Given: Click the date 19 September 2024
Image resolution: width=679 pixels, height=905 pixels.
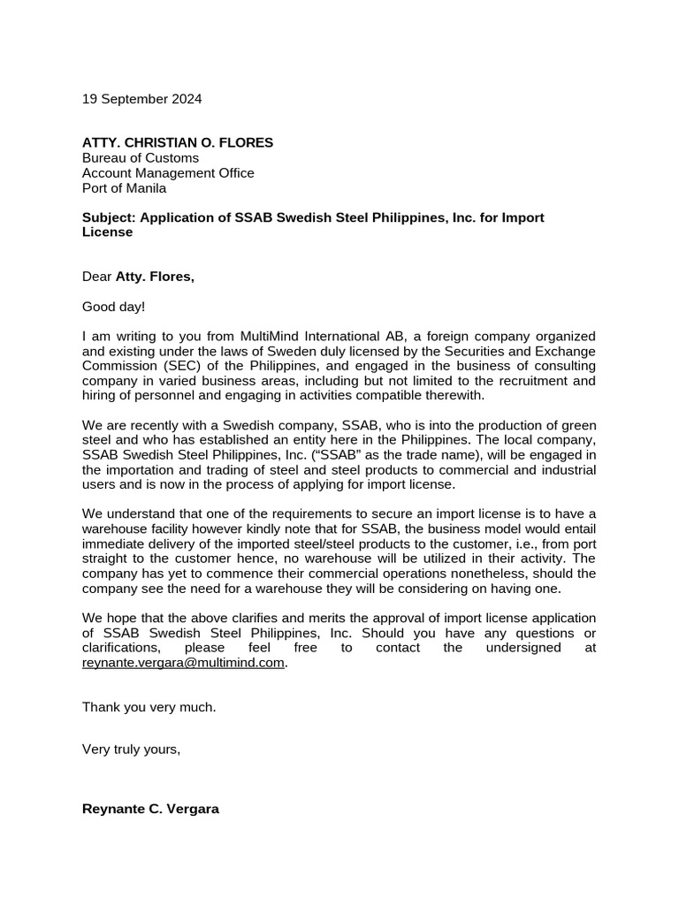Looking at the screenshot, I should tap(141, 99).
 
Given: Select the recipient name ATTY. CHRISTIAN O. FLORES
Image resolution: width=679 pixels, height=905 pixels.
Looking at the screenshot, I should tap(178, 142).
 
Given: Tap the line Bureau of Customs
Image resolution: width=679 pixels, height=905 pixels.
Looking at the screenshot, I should tap(141, 158).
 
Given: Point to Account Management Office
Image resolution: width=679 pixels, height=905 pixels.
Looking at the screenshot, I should tap(168, 173).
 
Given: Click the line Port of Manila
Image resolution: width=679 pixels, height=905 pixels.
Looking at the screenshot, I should tap(124, 188).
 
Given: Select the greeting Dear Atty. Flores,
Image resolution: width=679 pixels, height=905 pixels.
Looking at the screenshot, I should tap(138, 277).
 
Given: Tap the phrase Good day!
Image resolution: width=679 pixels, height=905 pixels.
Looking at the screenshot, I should tap(113, 307).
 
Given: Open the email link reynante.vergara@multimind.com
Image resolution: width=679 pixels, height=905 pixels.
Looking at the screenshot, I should tap(184, 663).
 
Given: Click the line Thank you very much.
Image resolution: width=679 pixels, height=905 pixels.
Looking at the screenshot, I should tap(149, 707).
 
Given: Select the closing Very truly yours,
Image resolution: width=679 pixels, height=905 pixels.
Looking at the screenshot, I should tap(131, 749).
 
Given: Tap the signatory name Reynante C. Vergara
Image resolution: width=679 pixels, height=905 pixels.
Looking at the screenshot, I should tap(150, 808).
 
